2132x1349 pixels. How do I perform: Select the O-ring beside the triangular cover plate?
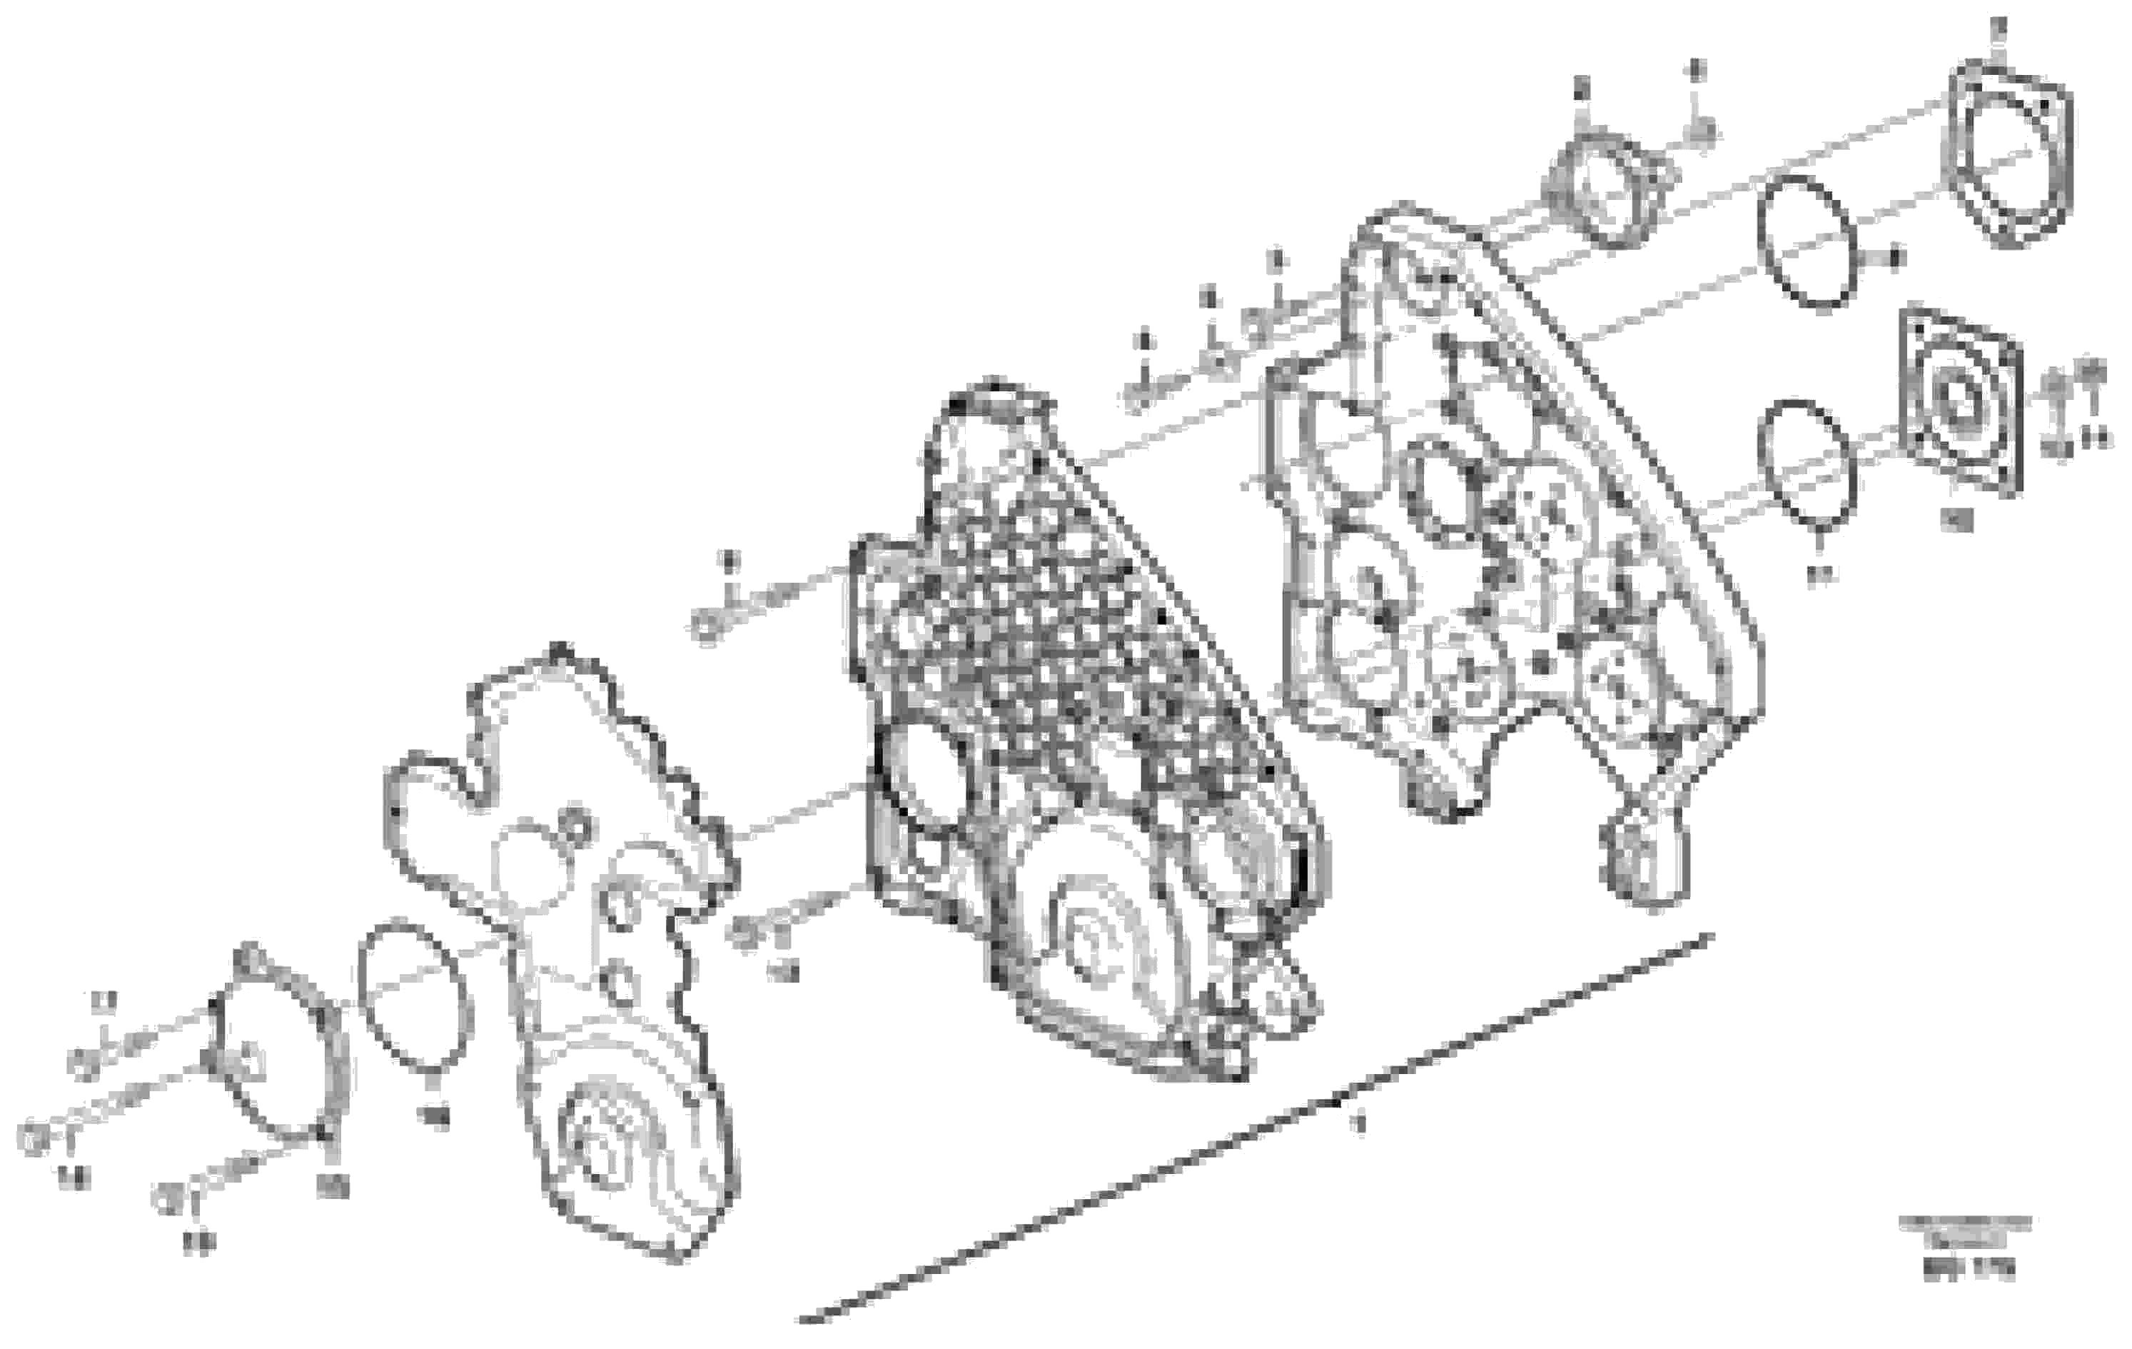pos(416,996)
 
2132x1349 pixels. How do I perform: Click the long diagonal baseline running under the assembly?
pos(1240,1143)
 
